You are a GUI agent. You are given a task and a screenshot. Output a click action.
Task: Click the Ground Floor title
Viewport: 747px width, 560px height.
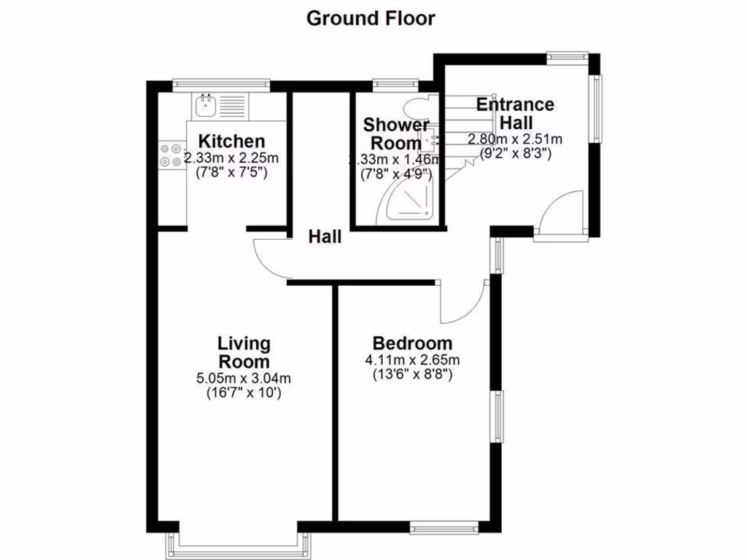(x=371, y=18)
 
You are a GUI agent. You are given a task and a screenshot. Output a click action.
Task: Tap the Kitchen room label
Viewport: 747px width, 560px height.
(x=232, y=141)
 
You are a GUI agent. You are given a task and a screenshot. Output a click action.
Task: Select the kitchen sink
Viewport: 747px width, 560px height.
(x=206, y=106)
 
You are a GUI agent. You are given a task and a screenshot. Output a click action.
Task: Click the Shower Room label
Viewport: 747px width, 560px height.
(x=396, y=133)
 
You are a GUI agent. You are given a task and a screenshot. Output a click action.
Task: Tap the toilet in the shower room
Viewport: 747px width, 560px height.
(x=419, y=107)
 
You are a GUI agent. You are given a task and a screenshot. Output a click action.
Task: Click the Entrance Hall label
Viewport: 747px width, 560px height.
(x=515, y=113)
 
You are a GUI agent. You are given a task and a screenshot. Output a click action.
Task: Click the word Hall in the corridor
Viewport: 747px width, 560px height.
(x=325, y=237)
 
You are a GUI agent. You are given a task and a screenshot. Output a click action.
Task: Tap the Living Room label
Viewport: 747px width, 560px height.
(x=244, y=352)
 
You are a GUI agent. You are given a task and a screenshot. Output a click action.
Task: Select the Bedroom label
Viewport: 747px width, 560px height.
(x=412, y=343)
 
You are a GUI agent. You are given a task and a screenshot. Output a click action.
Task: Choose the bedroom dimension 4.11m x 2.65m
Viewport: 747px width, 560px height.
(x=412, y=360)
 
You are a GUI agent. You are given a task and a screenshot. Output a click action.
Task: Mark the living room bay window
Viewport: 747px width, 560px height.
(x=239, y=544)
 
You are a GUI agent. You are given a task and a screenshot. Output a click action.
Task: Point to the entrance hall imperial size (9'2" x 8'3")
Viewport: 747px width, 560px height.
(x=515, y=154)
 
